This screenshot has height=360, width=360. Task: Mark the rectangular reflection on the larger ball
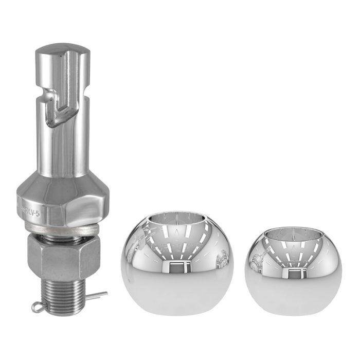coord(176,266)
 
